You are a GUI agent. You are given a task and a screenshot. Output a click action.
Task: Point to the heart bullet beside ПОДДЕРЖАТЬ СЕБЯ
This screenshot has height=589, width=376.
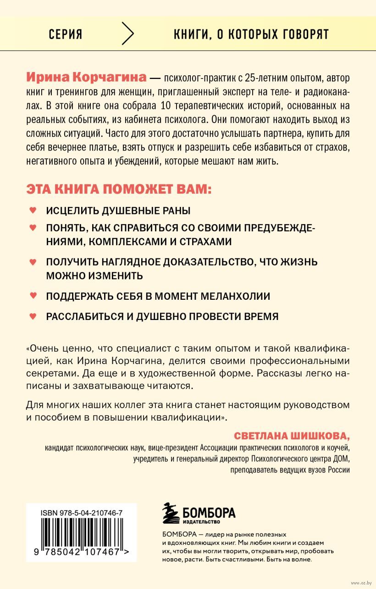tap(33, 296)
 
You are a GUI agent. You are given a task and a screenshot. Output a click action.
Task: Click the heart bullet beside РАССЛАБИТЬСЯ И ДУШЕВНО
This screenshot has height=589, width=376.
tap(33, 316)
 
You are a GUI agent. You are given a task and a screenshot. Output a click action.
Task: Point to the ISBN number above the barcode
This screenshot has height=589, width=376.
tap(77, 512)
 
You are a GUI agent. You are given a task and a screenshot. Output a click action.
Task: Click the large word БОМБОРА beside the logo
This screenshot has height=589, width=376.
tap(209, 511)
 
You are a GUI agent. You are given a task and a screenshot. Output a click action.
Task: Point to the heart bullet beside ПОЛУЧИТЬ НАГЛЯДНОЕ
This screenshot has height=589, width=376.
tap(33, 262)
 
